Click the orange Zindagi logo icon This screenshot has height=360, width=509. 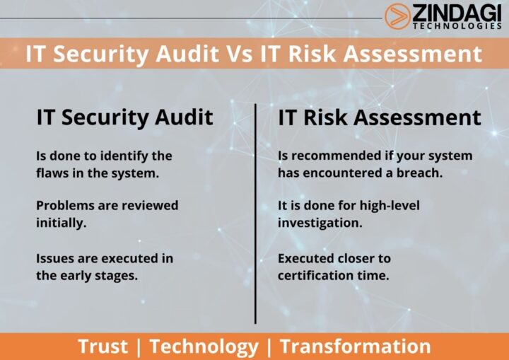(396, 16)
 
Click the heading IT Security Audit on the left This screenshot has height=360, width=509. (124, 117)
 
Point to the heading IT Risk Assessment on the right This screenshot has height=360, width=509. (379, 117)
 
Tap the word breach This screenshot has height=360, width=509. (420, 173)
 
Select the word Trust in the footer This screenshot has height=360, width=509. (103, 347)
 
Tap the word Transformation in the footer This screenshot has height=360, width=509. (355, 347)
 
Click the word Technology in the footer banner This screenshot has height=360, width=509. (204, 347)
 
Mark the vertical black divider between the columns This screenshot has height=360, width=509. (255, 212)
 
